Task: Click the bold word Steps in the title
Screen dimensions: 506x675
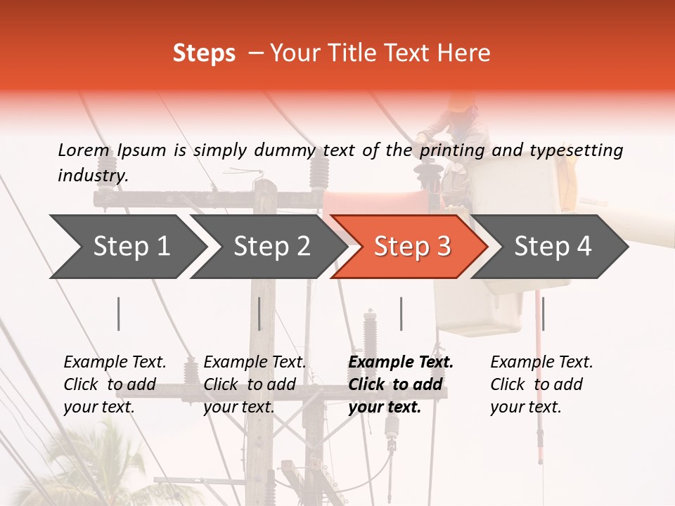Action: coord(204,53)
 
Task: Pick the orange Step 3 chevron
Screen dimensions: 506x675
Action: coord(411,247)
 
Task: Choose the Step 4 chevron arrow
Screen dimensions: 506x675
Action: coord(551,247)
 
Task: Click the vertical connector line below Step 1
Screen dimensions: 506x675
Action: coord(119,313)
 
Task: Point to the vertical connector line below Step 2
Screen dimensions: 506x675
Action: coord(259,313)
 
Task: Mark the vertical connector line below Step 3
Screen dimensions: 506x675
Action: coord(401,313)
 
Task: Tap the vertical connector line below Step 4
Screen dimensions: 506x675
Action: coord(543,313)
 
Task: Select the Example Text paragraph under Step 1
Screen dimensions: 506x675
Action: coord(115,384)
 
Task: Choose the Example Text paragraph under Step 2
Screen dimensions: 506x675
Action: coord(255,384)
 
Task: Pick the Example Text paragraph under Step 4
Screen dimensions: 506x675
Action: coord(541,384)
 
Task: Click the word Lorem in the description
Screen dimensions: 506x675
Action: coord(84,150)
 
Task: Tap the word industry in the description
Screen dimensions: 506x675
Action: coord(92,175)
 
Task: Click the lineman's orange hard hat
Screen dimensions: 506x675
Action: coord(461,103)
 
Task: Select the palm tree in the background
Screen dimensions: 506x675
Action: coord(112,464)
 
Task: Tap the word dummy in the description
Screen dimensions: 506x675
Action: coord(285,150)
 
